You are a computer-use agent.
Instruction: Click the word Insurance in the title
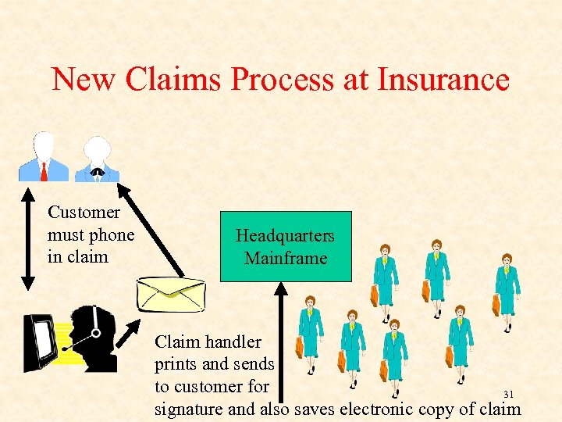point(443,80)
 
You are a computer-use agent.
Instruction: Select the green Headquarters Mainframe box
point(286,246)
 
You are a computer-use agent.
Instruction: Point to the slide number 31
point(508,395)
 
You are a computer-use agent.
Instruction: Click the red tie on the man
point(44,170)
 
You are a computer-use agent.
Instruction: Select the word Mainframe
point(286,258)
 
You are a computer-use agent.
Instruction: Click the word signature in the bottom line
point(188,409)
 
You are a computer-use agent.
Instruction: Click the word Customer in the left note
point(84,213)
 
